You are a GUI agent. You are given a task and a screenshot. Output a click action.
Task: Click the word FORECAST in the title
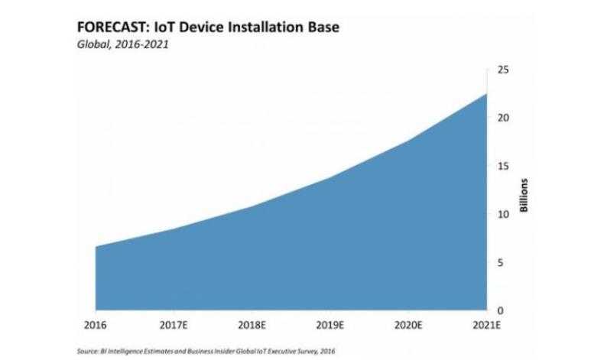point(109,28)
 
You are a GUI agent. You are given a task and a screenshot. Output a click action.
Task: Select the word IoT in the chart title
point(162,28)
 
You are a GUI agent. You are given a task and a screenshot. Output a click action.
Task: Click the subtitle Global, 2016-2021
point(122,44)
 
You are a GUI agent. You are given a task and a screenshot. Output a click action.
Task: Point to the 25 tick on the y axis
point(504,70)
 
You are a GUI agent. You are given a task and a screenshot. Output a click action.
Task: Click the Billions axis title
point(524,196)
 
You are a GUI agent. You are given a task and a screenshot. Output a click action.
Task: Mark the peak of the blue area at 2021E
point(488,94)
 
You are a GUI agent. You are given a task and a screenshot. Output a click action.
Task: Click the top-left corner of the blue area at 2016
point(96,247)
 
